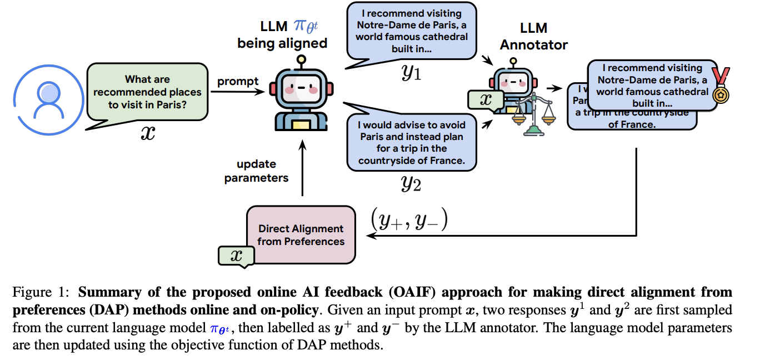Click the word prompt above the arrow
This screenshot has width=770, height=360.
238,82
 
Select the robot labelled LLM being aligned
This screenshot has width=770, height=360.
301,98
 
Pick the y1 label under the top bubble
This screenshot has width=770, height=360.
412,73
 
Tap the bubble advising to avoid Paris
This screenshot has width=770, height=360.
411,142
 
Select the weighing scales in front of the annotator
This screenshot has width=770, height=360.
534,114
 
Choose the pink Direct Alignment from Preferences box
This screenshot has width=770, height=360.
301,234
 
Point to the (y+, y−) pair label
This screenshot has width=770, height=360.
409,221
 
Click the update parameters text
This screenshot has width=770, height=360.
256,171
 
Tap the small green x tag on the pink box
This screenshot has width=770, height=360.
236,256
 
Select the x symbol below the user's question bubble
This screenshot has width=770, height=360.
147,134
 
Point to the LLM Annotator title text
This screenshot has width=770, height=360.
533,36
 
